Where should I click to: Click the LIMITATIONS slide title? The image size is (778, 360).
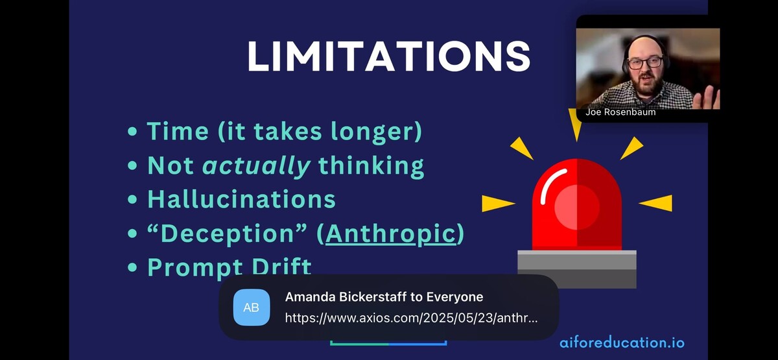[x=388, y=56]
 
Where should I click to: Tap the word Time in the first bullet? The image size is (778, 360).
[x=178, y=131]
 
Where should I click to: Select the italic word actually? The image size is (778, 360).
[x=256, y=165]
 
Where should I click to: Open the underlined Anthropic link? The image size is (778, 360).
[x=391, y=234]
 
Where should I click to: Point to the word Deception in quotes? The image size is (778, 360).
[x=228, y=234]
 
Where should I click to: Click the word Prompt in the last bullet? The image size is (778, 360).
[x=195, y=267]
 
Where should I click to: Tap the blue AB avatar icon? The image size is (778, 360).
[x=252, y=307]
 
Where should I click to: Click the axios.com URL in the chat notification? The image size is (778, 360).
[x=411, y=318]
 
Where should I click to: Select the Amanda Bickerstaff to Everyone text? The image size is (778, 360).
[x=384, y=297]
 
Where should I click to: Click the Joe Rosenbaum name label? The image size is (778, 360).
[x=620, y=112]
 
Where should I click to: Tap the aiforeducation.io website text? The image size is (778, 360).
[x=622, y=342]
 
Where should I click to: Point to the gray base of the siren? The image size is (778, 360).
[x=577, y=269]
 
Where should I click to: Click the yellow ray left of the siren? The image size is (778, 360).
[x=498, y=203]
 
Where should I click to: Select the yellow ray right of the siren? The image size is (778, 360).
[x=655, y=203]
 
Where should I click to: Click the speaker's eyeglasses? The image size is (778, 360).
[x=645, y=63]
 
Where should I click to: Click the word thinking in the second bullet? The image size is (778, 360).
[x=371, y=165]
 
